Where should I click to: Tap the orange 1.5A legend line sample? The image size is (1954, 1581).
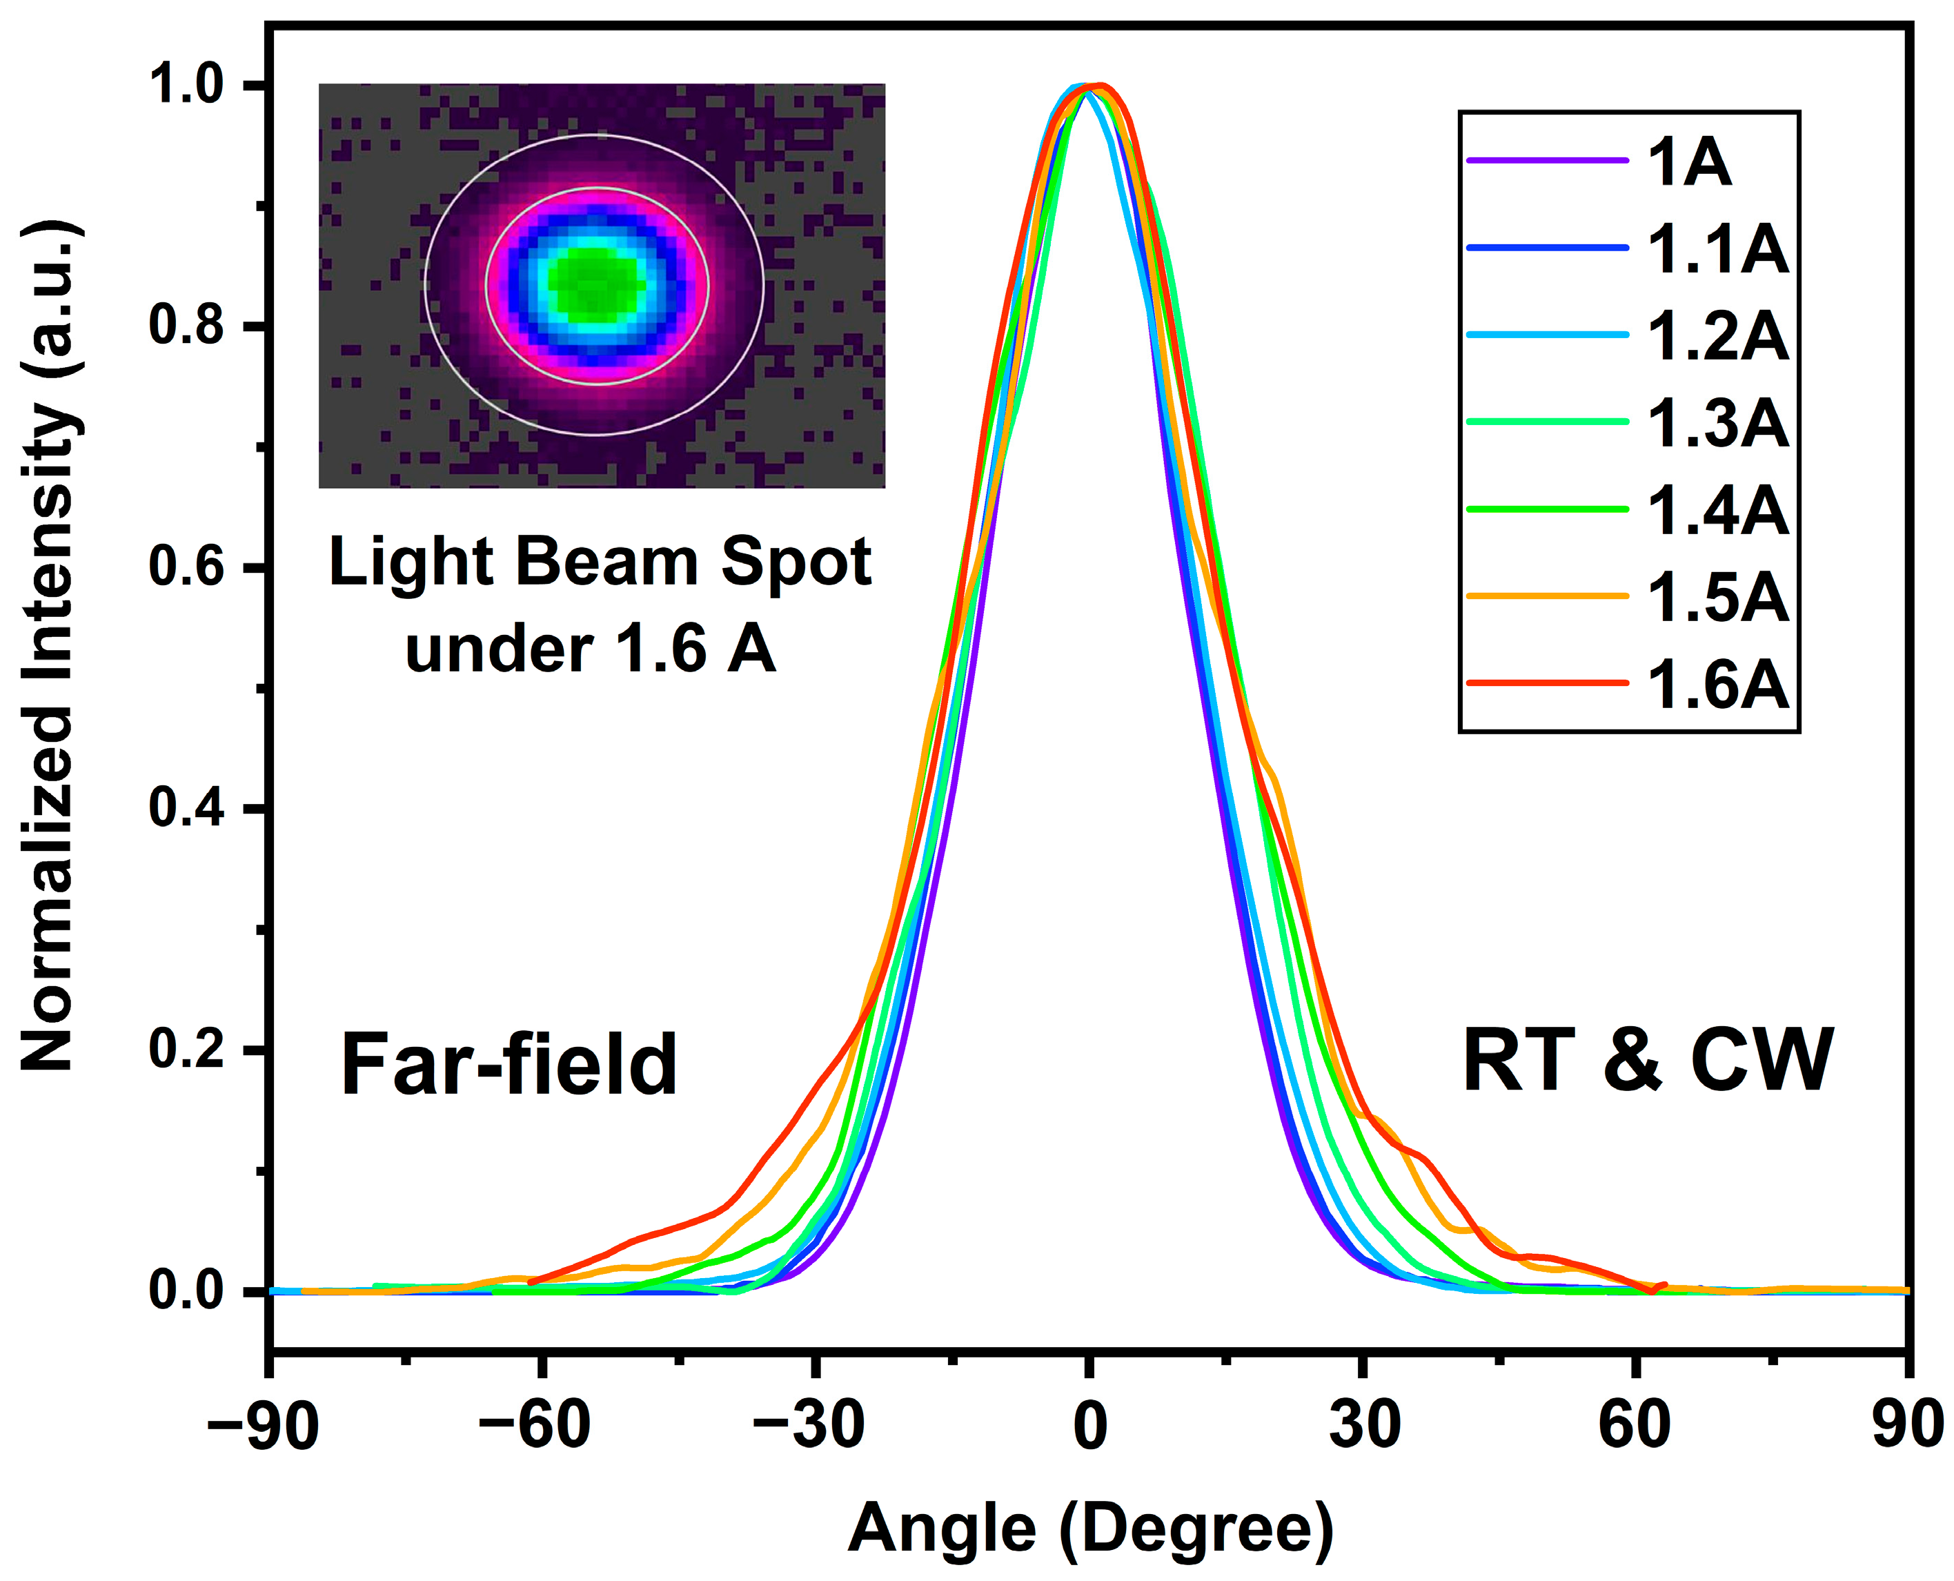(1547, 596)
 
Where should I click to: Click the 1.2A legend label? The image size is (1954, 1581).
(1717, 337)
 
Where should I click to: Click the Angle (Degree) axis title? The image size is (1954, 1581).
(1090, 1530)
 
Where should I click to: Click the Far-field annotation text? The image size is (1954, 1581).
(508, 1066)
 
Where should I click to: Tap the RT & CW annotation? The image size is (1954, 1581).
(1646, 1061)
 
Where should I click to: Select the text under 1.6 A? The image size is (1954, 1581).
(590, 650)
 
